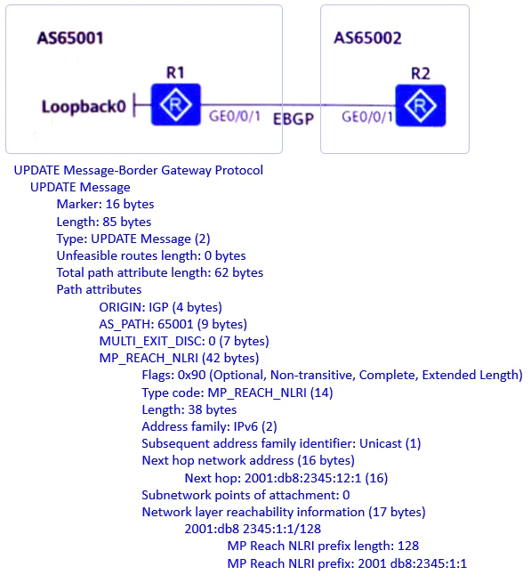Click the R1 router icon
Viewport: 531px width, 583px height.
coord(176,106)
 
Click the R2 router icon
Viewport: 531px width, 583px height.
coord(419,106)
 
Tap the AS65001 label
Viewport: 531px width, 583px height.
coord(70,39)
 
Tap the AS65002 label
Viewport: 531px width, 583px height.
coord(367,38)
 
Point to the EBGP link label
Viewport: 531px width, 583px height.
coord(294,118)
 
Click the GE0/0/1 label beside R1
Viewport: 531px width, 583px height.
coord(235,117)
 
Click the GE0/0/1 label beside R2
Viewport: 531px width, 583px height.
coord(367,117)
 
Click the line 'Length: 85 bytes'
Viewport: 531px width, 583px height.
coord(103,222)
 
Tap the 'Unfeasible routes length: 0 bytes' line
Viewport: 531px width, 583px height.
coord(151,255)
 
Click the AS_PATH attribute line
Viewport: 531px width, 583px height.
coord(173,324)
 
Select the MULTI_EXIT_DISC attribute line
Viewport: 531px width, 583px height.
coord(183,341)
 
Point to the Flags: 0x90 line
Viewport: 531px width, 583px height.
coord(332,376)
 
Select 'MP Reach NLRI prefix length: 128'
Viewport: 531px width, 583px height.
coord(323,546)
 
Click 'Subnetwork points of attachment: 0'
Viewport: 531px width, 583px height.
coord(245,495)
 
